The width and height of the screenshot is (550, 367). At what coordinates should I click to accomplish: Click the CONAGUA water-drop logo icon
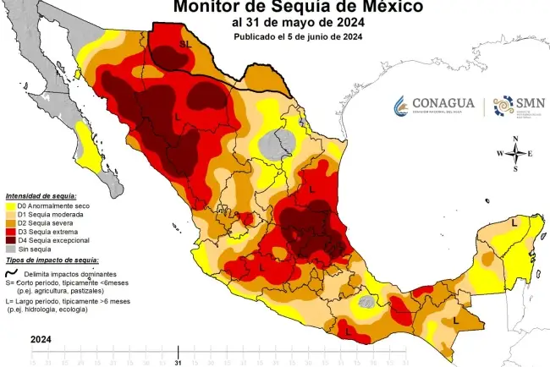pos(402,106)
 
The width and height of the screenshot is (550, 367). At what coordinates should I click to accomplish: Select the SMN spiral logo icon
pos(503,106)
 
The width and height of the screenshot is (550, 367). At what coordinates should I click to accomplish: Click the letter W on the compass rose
pos(499,153)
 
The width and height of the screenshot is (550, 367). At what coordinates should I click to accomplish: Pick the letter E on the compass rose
pos(530,153)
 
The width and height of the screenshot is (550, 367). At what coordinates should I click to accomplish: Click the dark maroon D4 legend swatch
pos(10,241)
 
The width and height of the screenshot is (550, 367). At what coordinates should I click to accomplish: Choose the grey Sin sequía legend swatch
pos(10,249)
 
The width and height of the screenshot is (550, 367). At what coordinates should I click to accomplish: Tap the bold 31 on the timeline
pos(178,363)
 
